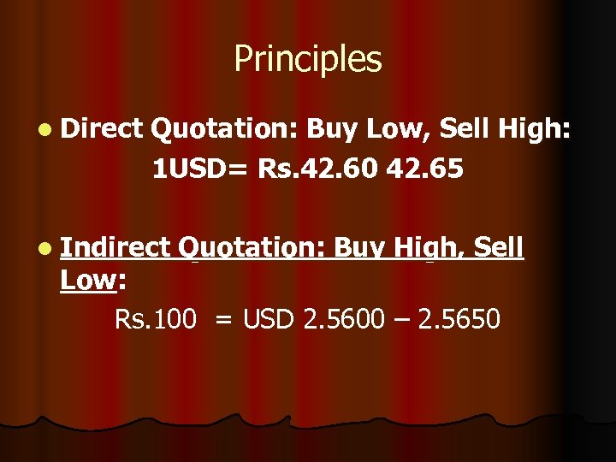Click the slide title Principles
pos(307,60)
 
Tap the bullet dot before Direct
pos(44,129)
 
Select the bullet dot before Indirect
pos(44,248)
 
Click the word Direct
pos(102,128)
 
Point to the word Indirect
pos(116,247)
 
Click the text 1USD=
pos(200,169)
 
